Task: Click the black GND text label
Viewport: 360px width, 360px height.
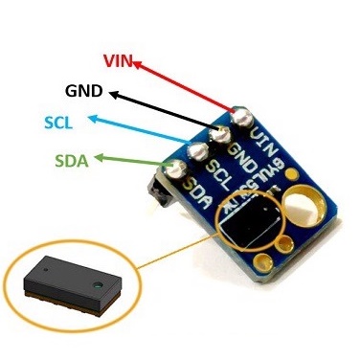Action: tap(86, 92)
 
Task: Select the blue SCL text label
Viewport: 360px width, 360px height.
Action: tap(63, 123)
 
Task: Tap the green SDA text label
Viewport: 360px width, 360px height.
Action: tap(72, 160)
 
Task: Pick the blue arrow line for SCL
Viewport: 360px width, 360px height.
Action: tap(144, 134)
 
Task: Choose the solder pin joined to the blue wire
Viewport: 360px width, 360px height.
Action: tap(199, 151)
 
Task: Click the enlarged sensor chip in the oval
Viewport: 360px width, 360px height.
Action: tap(66, 284)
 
